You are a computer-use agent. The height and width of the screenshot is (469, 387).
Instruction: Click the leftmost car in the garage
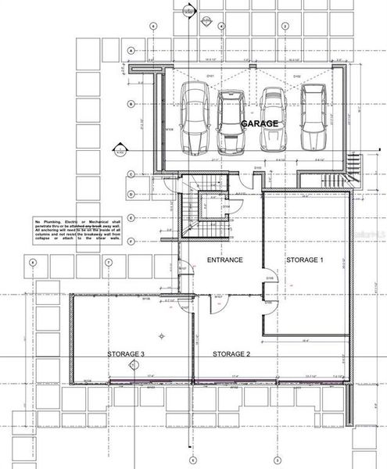coord(195,119)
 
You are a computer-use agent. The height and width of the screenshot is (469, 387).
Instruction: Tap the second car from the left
coord(232,123)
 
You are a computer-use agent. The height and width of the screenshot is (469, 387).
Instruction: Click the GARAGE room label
coord(259,124)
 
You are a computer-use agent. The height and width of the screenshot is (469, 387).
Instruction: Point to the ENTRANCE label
coord(224,259)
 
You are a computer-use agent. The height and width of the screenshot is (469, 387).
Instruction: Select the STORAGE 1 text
coord(303,259)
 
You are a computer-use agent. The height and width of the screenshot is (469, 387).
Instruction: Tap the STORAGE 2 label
coord(231,354)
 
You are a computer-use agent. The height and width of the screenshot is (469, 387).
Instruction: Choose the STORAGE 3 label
coord(127,354)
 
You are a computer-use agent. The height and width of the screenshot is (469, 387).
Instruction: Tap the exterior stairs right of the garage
coord(354,165)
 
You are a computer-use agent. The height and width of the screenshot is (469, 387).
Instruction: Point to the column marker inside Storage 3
coord(161,335)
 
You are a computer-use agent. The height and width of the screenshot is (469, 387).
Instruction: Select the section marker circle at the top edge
coord(187,11)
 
